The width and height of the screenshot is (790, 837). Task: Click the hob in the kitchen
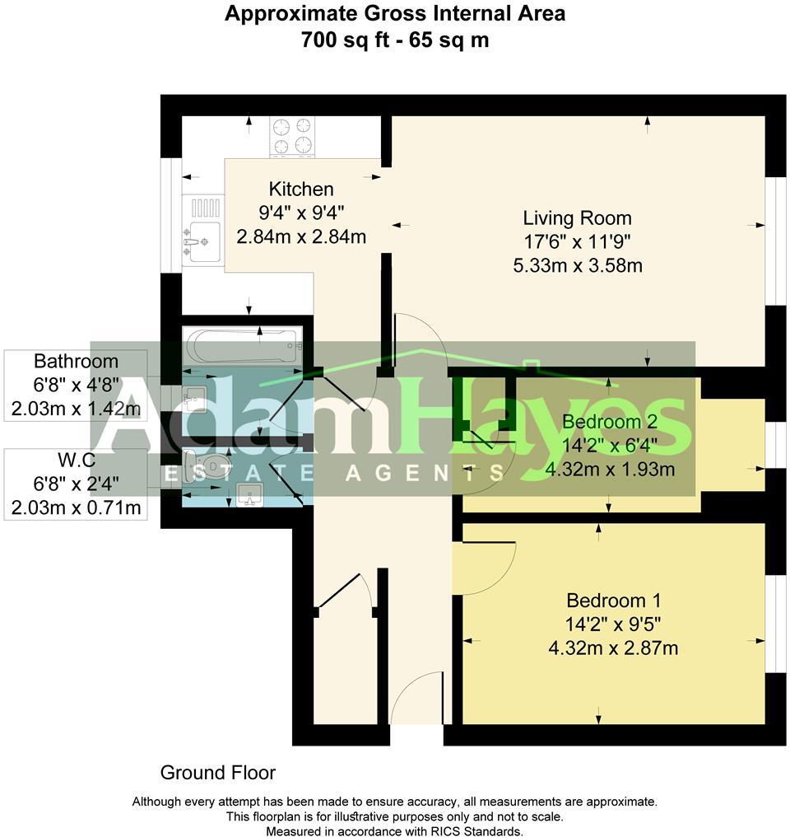point(293,136)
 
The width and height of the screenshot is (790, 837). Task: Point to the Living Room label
point(577,218)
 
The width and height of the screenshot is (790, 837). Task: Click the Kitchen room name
point(300,189)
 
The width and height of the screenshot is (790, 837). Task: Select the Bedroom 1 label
point(613,601)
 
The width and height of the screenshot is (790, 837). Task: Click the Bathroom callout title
point(76,362)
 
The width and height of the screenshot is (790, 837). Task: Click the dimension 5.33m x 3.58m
point(577,265)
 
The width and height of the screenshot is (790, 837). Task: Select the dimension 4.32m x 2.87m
point(613,648)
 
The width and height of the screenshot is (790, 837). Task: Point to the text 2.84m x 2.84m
point(300,237)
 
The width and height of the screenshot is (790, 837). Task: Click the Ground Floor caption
point(217,773)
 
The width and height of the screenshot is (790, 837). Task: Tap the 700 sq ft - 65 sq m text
point(395,40)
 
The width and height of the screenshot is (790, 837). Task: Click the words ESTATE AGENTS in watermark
point(335,473)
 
